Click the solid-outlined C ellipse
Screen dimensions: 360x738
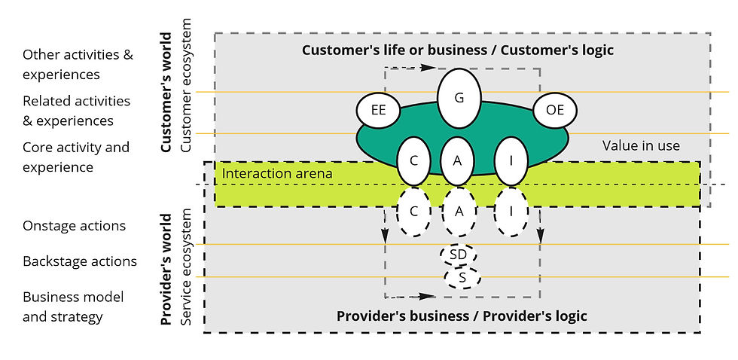coord(413,161)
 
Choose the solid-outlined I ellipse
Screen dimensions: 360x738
coord(511,161)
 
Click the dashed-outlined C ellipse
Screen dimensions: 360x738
coord(413,212)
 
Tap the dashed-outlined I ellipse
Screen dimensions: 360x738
coord(511,212)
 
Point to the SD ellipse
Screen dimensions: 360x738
coord(458,255)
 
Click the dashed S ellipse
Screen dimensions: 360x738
coord(461,279)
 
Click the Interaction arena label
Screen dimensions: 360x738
coord(277,174)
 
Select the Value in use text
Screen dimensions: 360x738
coord(641,146)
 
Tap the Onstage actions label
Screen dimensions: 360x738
coord(74,226)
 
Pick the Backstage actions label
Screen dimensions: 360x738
coord(80,261)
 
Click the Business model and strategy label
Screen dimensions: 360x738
coord(72,307)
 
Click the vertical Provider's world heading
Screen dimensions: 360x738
coord(167,270)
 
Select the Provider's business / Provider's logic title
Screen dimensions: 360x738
coord(462,316)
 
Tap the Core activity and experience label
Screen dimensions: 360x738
coord(75,157)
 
